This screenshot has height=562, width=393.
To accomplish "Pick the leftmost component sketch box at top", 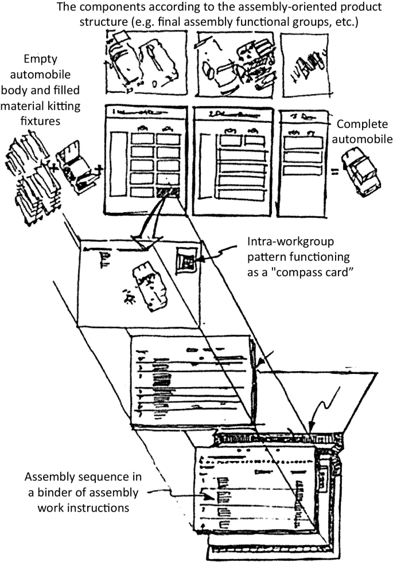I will pos(143,64).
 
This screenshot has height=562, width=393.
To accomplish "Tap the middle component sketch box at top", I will pos(235,64).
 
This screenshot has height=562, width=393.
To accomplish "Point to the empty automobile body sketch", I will pos(78,169).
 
